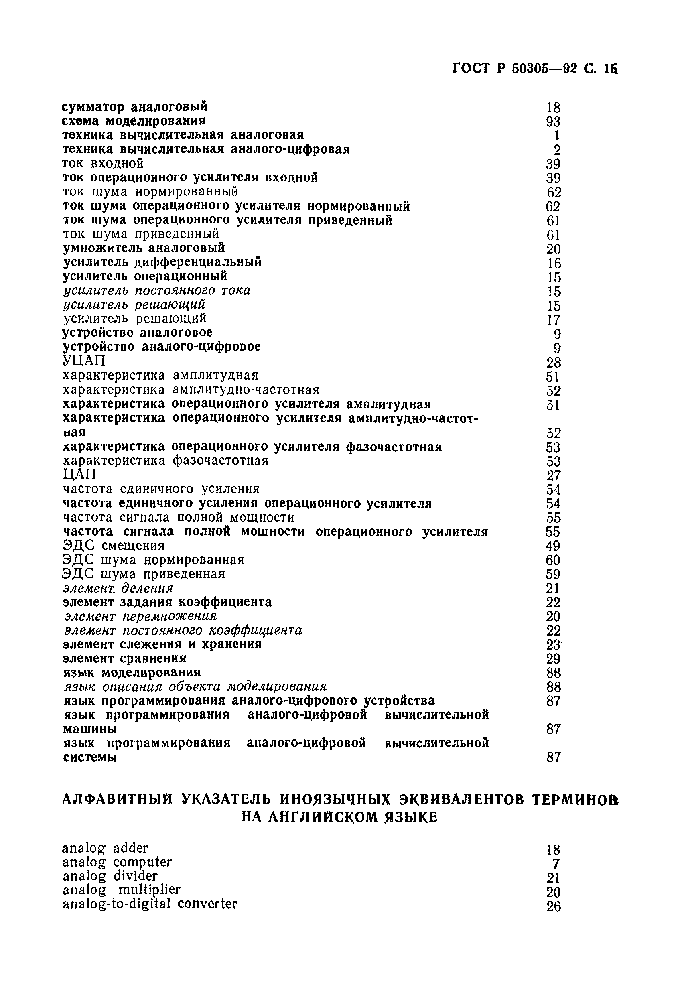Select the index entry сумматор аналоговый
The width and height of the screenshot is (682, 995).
pos(134,106)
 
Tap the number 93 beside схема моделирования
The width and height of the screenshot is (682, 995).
pos(553,122)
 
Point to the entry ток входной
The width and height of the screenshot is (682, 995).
pos(103,164)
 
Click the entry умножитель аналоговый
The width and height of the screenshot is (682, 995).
pos(144,248)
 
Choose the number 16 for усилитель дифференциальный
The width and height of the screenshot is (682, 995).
pos(554,263)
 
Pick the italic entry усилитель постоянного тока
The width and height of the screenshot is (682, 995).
pos(157,291)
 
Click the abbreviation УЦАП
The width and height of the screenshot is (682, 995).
pos(83,361)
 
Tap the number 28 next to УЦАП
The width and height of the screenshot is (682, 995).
pos(553,363)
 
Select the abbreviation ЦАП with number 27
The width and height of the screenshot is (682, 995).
pos(79,474)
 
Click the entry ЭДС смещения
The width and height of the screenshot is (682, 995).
pos(114,546)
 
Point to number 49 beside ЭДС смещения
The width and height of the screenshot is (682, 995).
pos(553,546)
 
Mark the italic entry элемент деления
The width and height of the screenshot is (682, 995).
pos(118,588)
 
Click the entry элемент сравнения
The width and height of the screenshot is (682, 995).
pos(125,658)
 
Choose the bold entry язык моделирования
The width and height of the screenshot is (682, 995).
pos(132,672)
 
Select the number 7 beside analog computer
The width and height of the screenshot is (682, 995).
pos(556,863)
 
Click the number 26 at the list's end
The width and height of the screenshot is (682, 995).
pos(553,906)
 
